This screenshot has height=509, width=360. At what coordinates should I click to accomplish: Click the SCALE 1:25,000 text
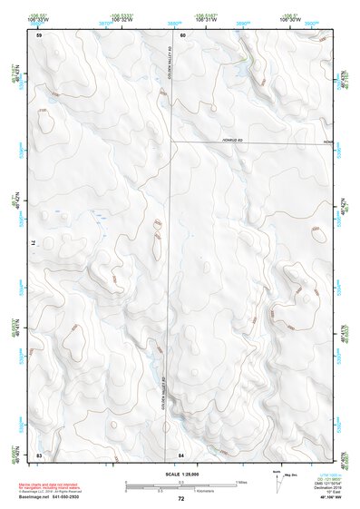pos(180,473)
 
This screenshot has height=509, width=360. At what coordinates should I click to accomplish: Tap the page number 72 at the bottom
pos(181,498)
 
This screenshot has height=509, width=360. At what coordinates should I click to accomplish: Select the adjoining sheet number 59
pos(39,35)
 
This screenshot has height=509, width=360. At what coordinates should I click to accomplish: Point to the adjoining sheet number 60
pos(182,35)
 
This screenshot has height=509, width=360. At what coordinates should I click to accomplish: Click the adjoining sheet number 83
pos(39,453)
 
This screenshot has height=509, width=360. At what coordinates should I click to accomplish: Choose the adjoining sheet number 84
pos(181,453)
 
